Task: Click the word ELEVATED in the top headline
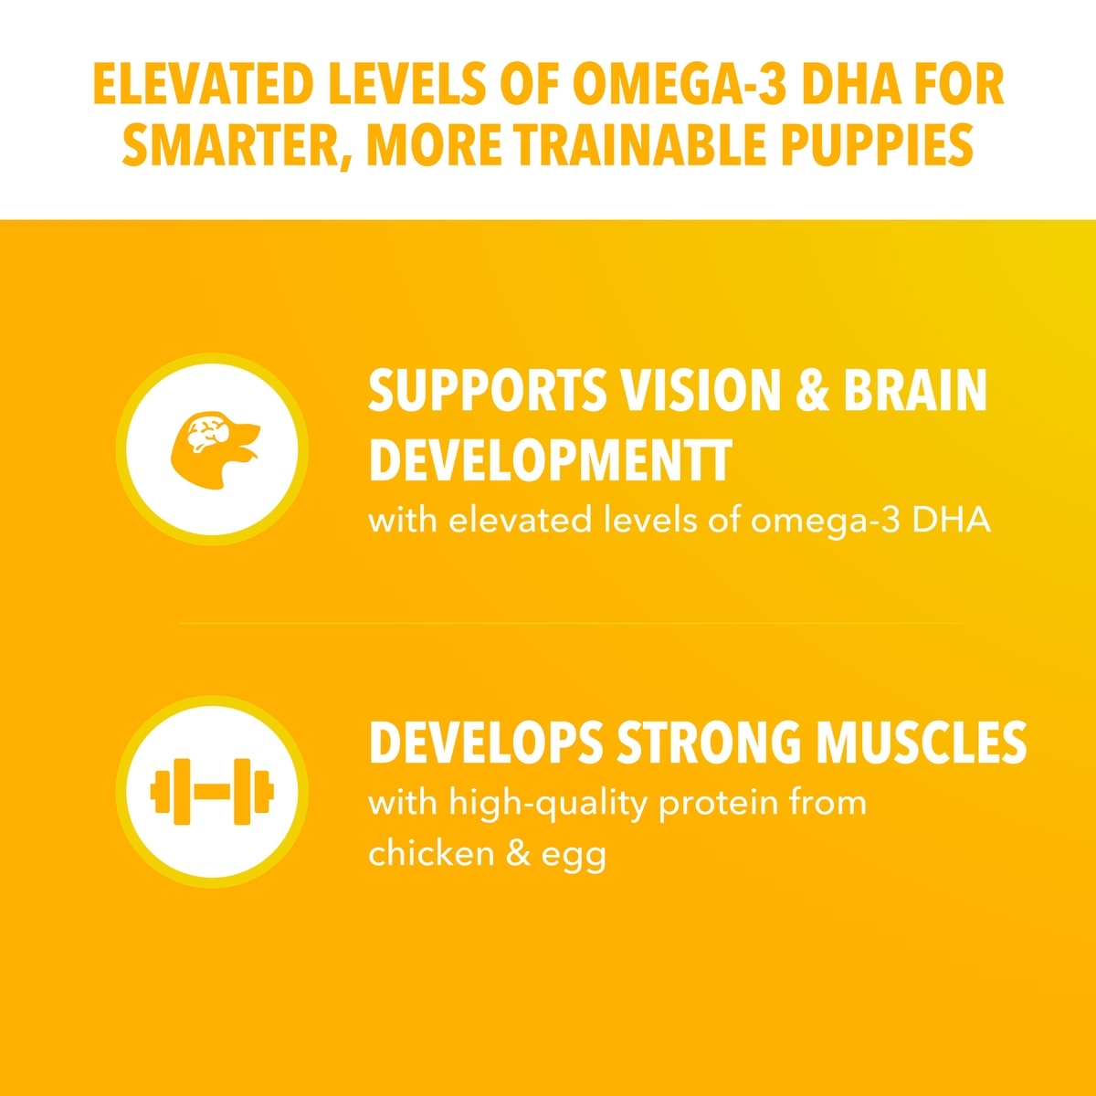point(204,85)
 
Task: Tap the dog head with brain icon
point(215,450)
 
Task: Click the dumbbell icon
point(212,791)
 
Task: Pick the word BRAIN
point(914,390)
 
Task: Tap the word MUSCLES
point(922,743)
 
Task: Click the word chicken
point(431,853)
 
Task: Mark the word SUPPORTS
point(488,390)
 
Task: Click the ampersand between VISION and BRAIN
point(812,390)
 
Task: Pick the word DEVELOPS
point(486,743)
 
